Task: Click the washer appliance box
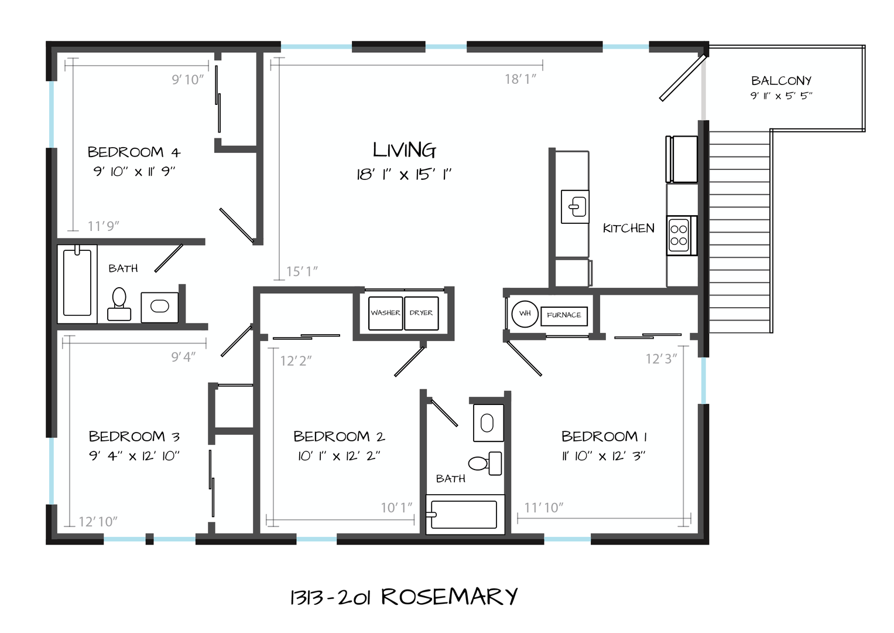[x=386, y=314]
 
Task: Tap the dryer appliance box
[x=422, y=314]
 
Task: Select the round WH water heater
[x=525, y=314]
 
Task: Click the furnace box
[x=564, y=316]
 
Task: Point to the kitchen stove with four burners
[x=681, y=236]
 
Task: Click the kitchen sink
[x=575, y=206]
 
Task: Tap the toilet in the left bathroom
[x=119, y=304]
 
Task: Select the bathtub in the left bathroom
[x=77, y=284]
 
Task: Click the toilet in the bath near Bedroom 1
[x=485, y=464]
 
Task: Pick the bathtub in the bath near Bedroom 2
[x=465, y=515]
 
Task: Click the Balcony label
[x=782, y=81]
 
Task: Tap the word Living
[x=405, y=150]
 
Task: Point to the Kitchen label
[x=629, y=228]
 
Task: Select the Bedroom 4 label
[x=134, y=152]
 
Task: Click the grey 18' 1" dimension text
[x=520, y=79]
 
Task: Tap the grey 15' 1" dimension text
[x=302, y=272]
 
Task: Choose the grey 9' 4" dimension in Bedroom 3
[x=183, y=357]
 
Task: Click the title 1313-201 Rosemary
[x=404, y=597]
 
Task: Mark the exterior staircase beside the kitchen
[x=739, y=232]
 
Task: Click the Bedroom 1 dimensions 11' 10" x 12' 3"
[x=604, y=456]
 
